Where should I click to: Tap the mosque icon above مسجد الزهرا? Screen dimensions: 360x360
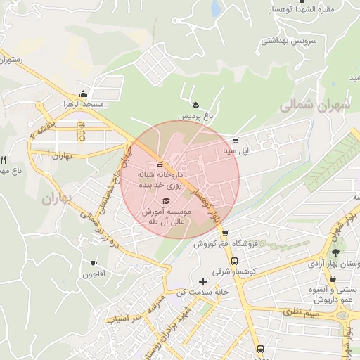pyautogui.click(x=84, y=94)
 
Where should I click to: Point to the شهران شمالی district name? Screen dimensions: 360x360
pyautogui.click(x=314, y=105)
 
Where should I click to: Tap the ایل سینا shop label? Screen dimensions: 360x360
pyautogui.click(x=235, y=150)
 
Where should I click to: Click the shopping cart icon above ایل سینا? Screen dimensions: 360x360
pyautogui.click(x=235, y=140)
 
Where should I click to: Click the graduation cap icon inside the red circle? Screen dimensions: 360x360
pyautogui.click(x=166, y=201)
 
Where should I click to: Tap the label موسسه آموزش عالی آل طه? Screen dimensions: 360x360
pyautogui.click(x=163, y=216)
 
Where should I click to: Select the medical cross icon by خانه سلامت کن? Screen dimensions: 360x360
pyautogui.click(x=203, y=281)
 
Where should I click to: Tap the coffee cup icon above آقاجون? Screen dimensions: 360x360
pyautogui.click(x=94, y=264)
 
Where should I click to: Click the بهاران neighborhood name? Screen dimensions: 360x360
pyautogui.click(x=57, y=199)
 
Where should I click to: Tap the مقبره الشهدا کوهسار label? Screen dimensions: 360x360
pyautogui.click(x=311, y=9)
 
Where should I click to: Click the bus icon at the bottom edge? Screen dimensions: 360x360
pyautogui.click(x=261, y=349)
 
